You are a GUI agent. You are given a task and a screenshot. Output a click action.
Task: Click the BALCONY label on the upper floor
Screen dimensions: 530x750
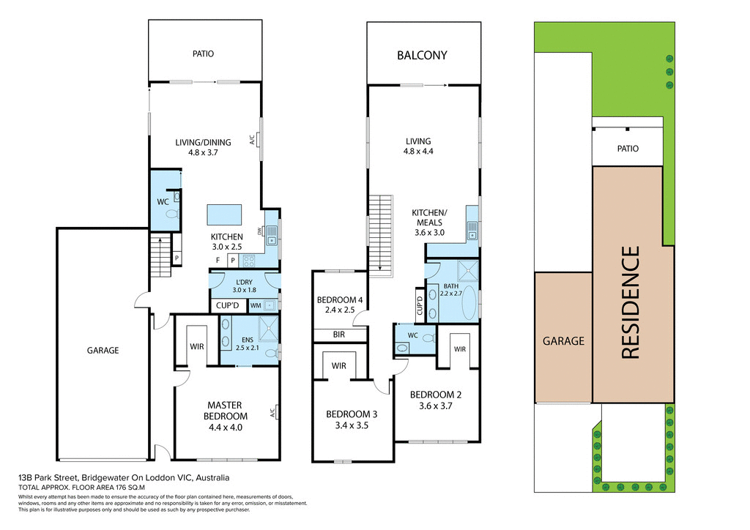[x=422, y=55]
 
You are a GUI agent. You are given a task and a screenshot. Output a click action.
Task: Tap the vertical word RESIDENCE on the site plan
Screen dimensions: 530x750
[x=631, y=302]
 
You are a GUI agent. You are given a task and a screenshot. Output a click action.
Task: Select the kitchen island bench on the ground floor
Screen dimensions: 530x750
[x=225, y=214]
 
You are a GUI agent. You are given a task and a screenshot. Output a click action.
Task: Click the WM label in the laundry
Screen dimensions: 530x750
[x=256, y=305]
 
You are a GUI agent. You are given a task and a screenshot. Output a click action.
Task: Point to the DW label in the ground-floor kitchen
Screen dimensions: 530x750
[x=260, y=231]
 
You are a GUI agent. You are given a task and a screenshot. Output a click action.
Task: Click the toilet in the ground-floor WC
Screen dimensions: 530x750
[x=172, y=214]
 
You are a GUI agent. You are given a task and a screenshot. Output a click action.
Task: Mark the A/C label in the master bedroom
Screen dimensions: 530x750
[x=273, y=412]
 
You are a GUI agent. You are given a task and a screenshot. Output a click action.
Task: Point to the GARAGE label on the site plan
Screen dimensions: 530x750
[x=563, y=340]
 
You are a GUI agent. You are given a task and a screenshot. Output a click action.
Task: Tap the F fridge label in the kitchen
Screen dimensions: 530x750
[x=218, y=260]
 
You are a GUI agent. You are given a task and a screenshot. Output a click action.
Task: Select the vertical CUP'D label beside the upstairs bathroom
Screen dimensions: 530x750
[x=420, y=305]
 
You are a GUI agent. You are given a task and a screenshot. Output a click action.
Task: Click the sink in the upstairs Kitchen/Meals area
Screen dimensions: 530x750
[x=472, y=235]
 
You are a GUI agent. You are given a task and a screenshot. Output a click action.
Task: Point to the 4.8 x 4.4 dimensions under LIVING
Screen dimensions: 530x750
[x=418, y=152]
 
